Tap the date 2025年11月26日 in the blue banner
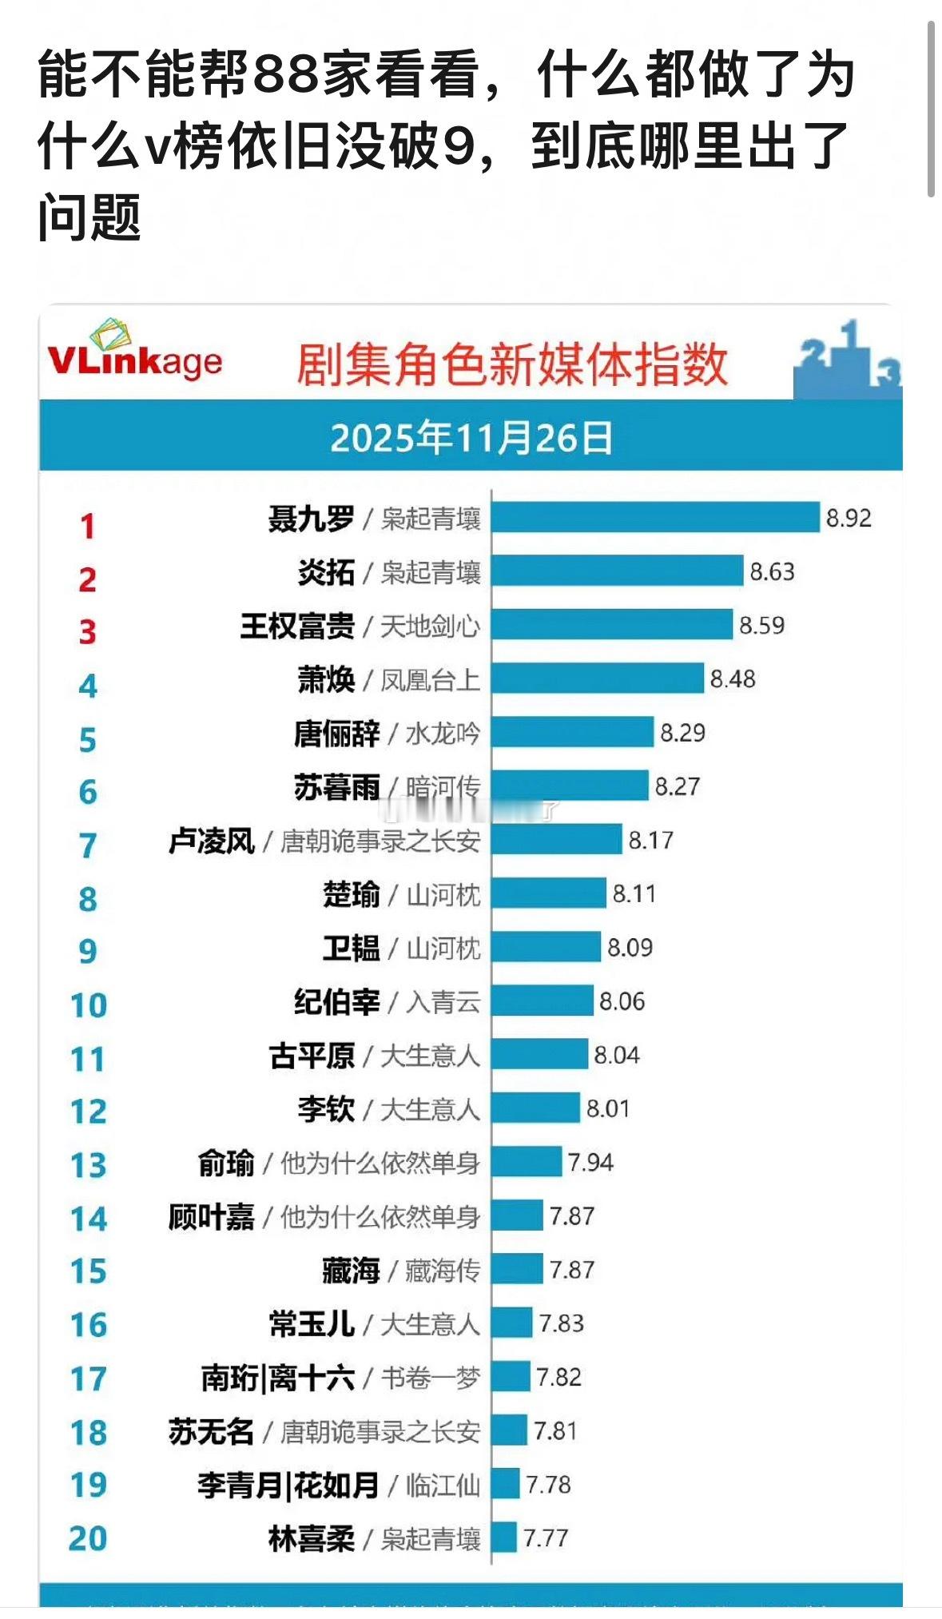471,439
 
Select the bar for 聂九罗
655,518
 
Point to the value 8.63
772,572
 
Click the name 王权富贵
297,626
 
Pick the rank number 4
88,686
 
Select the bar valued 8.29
572,732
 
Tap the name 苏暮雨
336,787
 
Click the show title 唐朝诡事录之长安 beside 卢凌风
380,841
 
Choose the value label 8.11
634,893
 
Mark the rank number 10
88,1005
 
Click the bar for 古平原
539,1055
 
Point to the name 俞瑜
226,1163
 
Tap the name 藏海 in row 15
351,1270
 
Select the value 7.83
561,1323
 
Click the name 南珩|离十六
277,1378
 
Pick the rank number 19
88,1486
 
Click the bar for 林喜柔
504,1537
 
